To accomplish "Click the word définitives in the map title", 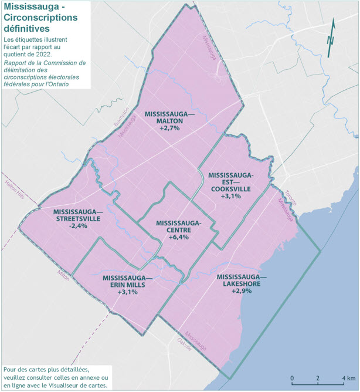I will click(x=26, y=28).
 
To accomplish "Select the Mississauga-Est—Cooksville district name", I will click(x=230, y=182).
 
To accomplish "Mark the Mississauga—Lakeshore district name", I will click(x=241, y=280).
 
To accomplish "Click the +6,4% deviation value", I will click(x=178, y=238).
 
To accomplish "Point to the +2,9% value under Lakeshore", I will click(x=241, y=290).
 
